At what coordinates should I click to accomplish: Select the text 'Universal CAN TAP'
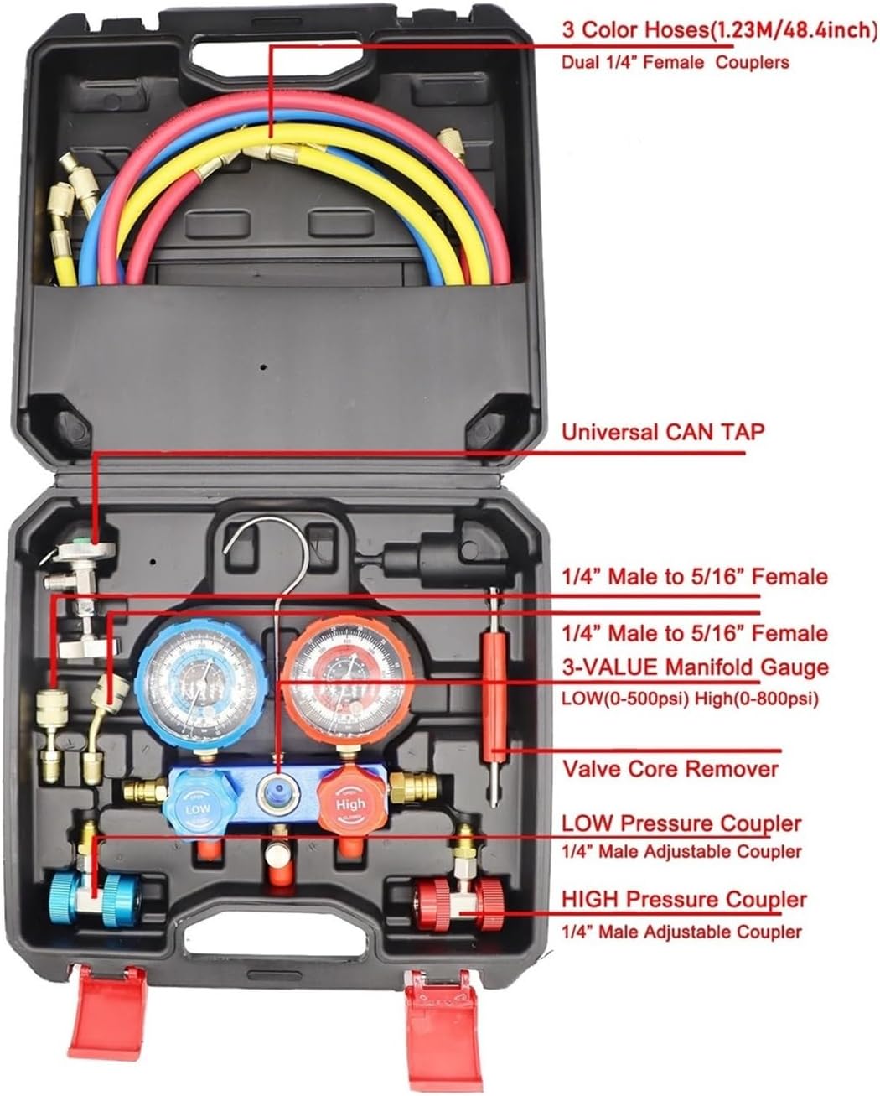(662, 432)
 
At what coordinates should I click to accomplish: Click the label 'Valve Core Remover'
(670, 768)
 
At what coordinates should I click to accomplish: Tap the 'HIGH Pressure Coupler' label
(684, 900)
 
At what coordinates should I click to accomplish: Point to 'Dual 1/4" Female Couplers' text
(676, 62)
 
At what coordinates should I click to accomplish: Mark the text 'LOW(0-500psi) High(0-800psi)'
(689, 698)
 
